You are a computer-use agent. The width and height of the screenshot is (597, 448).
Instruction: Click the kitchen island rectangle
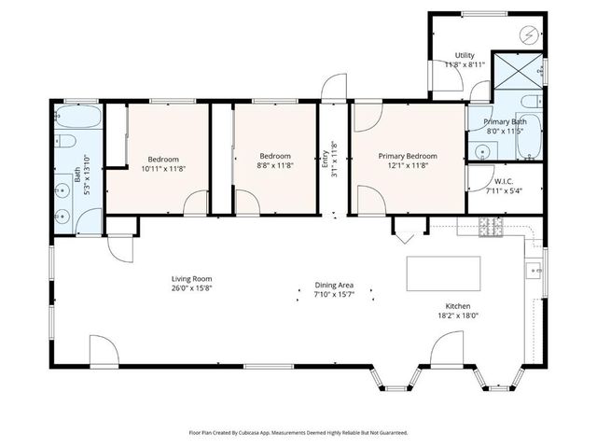443,273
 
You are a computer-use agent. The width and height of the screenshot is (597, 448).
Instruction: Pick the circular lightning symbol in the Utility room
529,35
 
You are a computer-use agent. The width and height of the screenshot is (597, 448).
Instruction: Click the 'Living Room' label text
192,278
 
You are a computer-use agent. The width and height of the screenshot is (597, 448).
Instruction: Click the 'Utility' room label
465,56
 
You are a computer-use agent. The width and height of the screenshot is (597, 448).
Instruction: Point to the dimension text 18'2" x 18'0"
457,315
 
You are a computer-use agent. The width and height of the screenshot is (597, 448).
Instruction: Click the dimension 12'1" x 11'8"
407,166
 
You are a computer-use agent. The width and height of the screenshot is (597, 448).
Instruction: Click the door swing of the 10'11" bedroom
195,203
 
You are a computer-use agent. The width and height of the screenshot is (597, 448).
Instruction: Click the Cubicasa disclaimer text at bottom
298,432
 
